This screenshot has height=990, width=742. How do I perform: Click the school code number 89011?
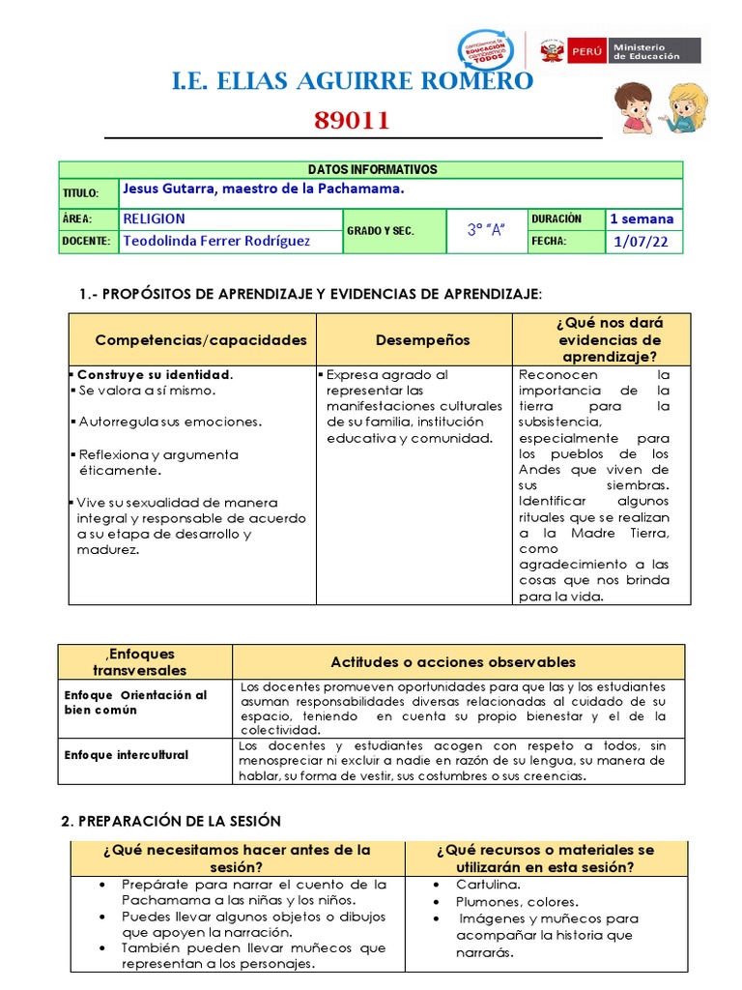[352, 121]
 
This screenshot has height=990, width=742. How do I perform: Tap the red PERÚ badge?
[586, 50]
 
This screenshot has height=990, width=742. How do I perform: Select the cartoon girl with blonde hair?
[686, 106]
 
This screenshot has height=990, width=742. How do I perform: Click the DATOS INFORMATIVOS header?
[372, 169]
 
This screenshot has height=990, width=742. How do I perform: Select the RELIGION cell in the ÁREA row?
[155, 218]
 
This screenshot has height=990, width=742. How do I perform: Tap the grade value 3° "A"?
[486, 230]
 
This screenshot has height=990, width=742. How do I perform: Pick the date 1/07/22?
[641, 242]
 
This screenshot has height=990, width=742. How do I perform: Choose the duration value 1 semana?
[642, 218]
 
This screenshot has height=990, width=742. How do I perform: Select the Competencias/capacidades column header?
[201, 339]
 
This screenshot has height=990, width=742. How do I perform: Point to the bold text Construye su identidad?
[155, 374]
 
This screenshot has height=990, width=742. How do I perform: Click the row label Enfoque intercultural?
[126, 754]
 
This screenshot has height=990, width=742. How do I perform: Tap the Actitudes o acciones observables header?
[453, 662]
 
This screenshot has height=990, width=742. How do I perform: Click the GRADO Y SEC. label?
[380, 231]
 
